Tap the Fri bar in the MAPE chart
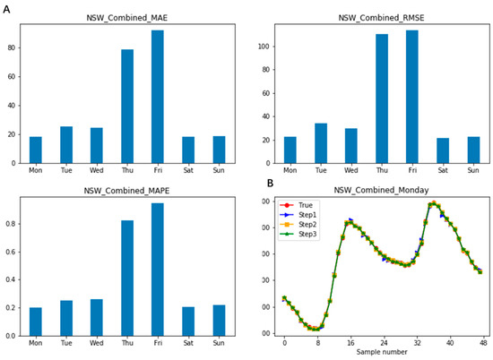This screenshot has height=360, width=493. coord(158,270)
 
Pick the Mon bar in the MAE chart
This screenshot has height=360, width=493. coord(36,150)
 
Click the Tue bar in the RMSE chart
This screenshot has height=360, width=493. coord(321,143)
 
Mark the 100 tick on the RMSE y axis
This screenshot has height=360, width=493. coord(264,47)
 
